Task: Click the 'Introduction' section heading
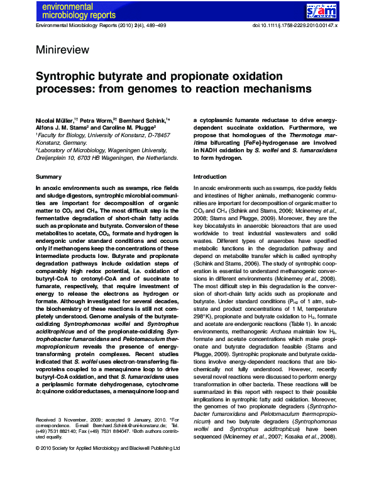pos(209,177)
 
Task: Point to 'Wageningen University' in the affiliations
pos(137,152)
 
